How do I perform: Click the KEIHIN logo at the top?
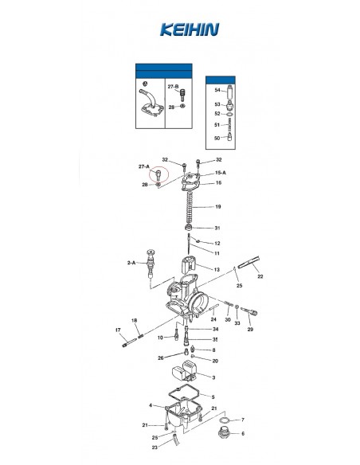(190, 29)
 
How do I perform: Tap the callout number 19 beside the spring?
(218, 207)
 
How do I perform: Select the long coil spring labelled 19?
(189, 208)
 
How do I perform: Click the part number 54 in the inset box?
(217, 90)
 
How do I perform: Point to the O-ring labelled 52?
(229, 114)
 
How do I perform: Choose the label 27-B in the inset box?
(173, 87)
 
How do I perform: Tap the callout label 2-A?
(131, 263)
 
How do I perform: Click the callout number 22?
(260, 276)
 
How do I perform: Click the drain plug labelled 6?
(224, 433)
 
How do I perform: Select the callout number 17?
(118, 330)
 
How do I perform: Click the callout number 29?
(250, 329)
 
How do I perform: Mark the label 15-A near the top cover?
(221, 173)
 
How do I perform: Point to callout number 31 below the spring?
(217, 228)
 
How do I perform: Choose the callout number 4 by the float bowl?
(151, 405)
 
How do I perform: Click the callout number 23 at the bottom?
(155, 447)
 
